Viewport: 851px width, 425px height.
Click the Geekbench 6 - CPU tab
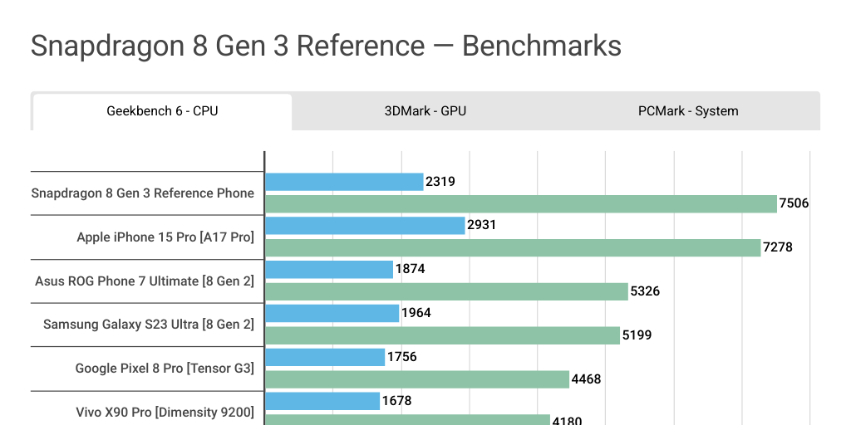point(162,111)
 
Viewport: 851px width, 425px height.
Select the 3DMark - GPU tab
point(425,111)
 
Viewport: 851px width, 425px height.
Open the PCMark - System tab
point(688,111)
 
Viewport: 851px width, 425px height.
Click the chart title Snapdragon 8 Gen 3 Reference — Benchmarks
point(326,46)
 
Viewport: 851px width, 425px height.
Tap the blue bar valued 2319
point(344,182)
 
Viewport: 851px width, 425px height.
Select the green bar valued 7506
point(521,203)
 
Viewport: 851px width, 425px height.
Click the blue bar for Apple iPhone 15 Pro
point(365,226)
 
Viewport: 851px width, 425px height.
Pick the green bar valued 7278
point(513,247)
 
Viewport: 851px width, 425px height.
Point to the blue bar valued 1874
point(329,270)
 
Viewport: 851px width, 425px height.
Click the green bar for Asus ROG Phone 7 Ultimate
point(446,291)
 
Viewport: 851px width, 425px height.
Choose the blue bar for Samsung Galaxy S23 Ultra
point(332,313)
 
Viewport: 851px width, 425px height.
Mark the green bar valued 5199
point(442,335)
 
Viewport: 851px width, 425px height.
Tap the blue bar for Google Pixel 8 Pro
point(325,357)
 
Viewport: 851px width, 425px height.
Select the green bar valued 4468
point(417,379)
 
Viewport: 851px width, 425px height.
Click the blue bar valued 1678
point(322,401)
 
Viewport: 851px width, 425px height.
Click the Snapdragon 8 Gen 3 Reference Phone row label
point(143,193)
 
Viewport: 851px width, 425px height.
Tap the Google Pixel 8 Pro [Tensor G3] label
point(165,369)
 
